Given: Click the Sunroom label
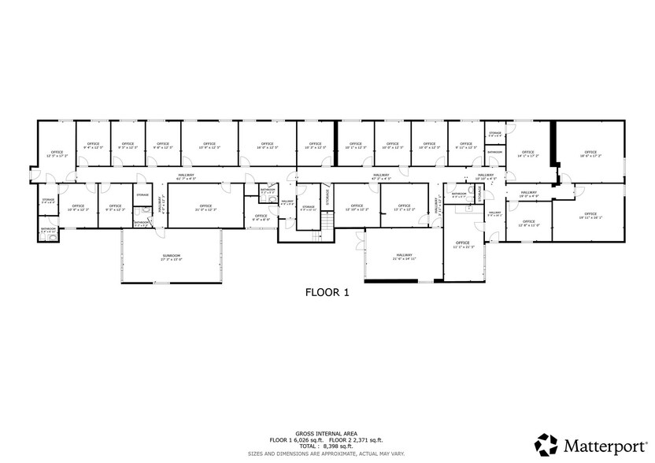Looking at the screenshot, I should pos(172,257).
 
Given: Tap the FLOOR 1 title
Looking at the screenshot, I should pos(327,291).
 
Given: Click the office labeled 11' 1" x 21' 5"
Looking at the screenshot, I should pos(461,244).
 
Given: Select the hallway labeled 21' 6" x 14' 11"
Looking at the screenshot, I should pos(405,257).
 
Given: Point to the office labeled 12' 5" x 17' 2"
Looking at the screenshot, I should pos(57,154).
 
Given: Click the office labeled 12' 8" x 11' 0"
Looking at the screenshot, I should pos(527,224).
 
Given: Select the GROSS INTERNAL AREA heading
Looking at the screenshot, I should pos(327,432).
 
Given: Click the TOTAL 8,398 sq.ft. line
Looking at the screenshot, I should pos(327,446).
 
